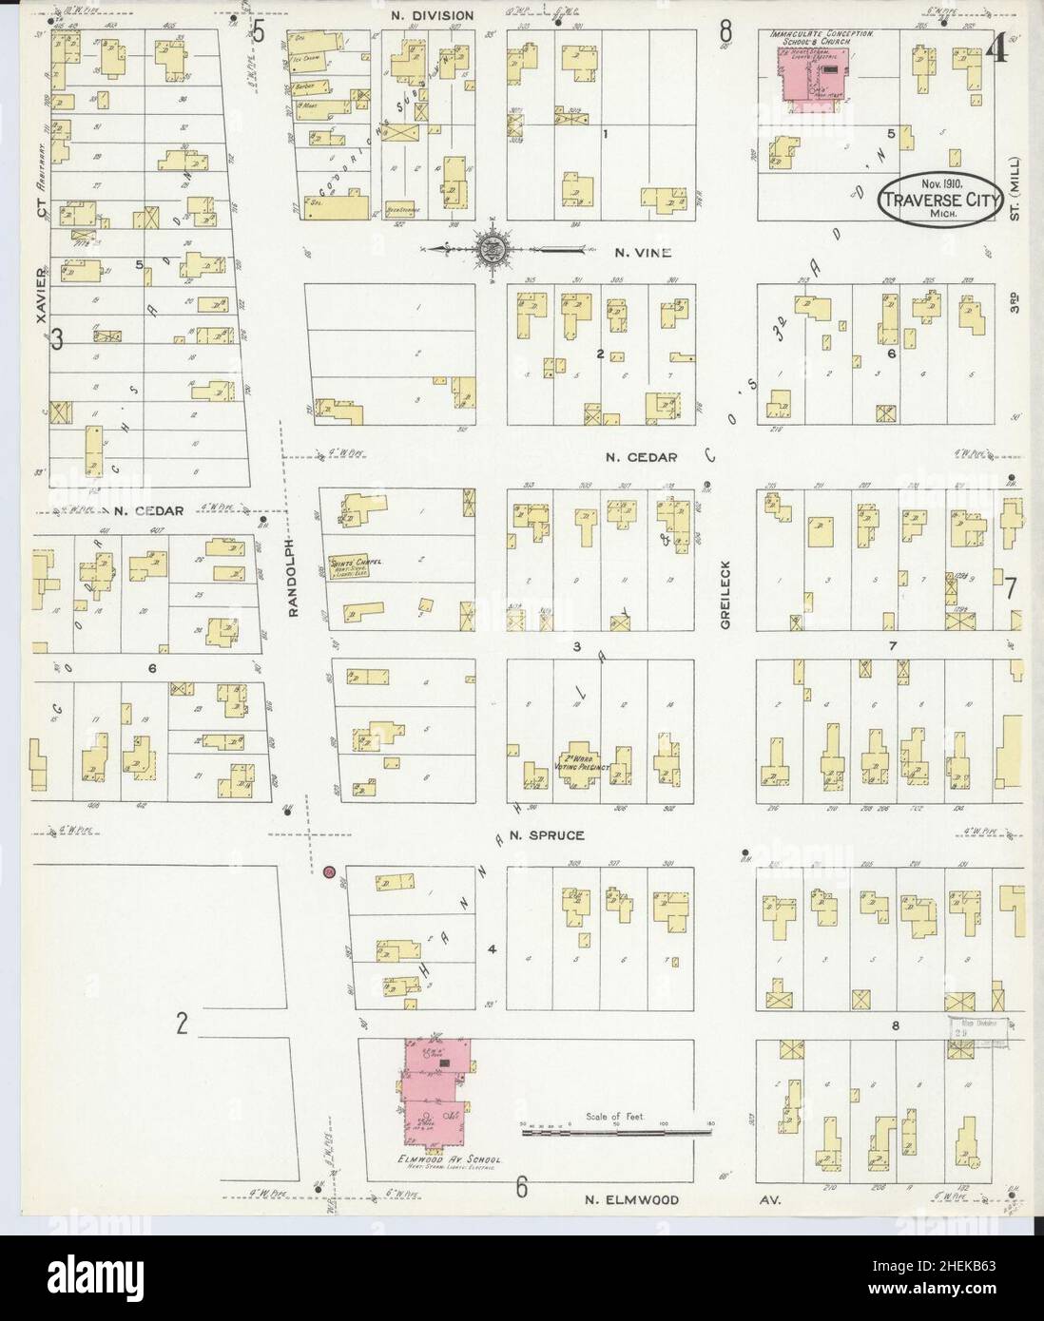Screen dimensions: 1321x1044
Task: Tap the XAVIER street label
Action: click(x=41, y=296)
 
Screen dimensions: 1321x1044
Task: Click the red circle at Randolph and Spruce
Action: click(x=329, y=872)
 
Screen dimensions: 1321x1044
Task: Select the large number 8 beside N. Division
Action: click(x=727, y=29)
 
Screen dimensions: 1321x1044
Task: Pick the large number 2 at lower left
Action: click(x=183, y=1024)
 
